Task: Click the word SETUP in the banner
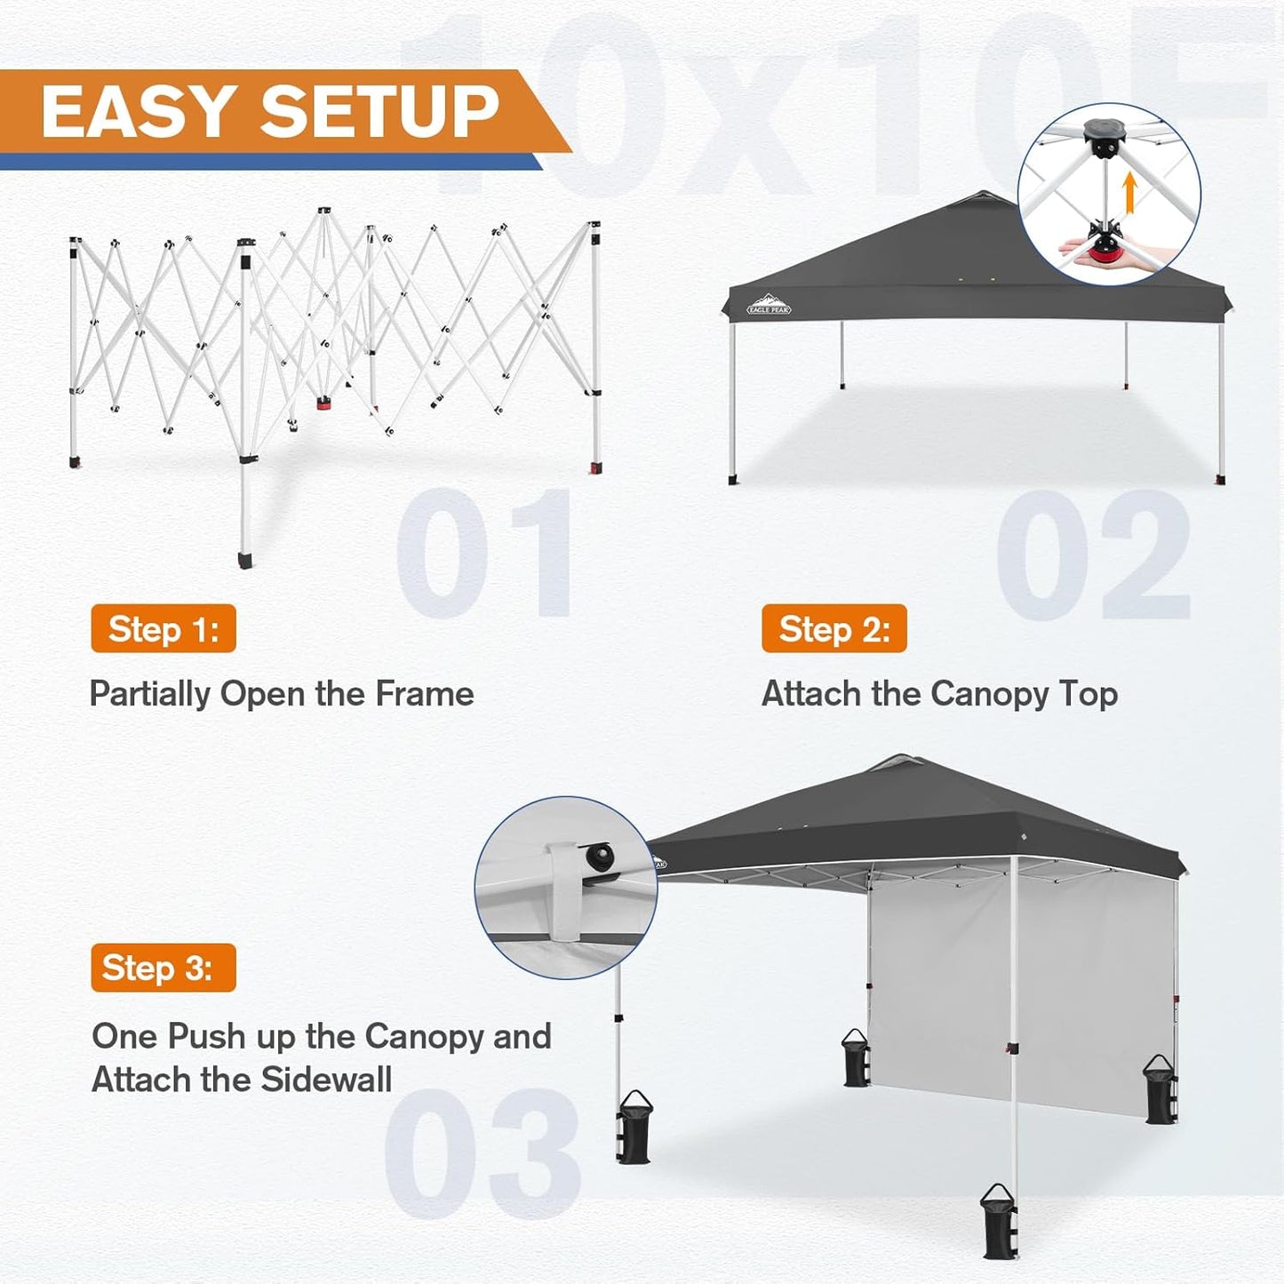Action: (x=379, y=112)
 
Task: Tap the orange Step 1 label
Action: (x=163, y=629)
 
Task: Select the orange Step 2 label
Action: (x=833, y=629)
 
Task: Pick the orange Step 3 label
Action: (x=163, y=968)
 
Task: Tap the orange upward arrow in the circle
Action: (x=1129, y=193)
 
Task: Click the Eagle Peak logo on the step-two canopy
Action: (x=769, y=305)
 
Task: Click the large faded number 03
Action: (x=482, y=1153)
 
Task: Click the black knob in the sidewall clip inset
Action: (x=599, y=857)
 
